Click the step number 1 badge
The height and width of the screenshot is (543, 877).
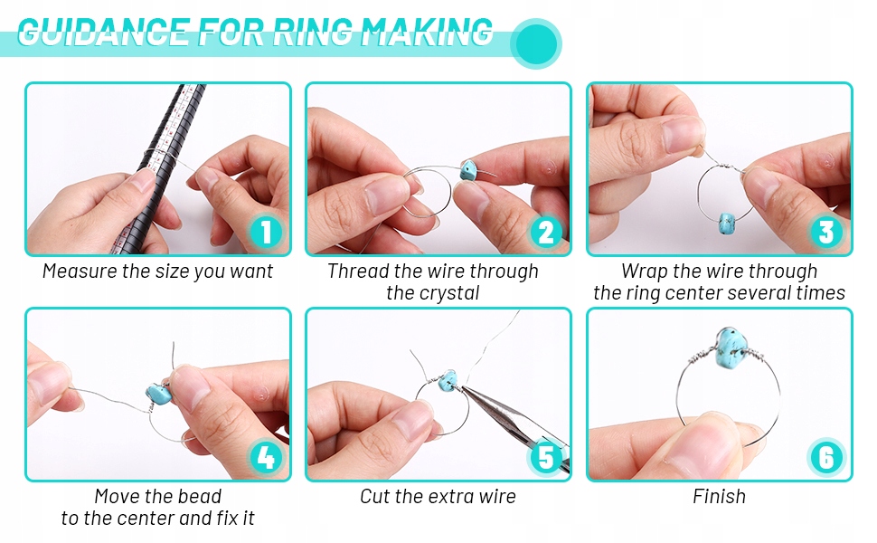[266, 232]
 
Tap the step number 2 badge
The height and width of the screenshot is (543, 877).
[546, 232]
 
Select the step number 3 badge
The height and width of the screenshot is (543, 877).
[826, 232]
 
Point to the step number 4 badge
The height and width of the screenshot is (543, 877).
[266, 457]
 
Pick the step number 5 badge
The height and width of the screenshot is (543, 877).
[546, 457]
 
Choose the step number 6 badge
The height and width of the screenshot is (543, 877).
[826, 457]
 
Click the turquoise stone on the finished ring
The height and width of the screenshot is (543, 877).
[732, 348]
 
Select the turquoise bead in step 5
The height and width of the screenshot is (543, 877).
[448, 381]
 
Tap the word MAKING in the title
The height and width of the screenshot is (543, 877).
[426, 33]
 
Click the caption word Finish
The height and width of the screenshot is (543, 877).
[720, 497]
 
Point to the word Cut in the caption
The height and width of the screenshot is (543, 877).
[374, 497]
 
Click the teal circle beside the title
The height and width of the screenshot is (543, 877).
[536, 43]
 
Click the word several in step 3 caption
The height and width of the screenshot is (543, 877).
[756, 293]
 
